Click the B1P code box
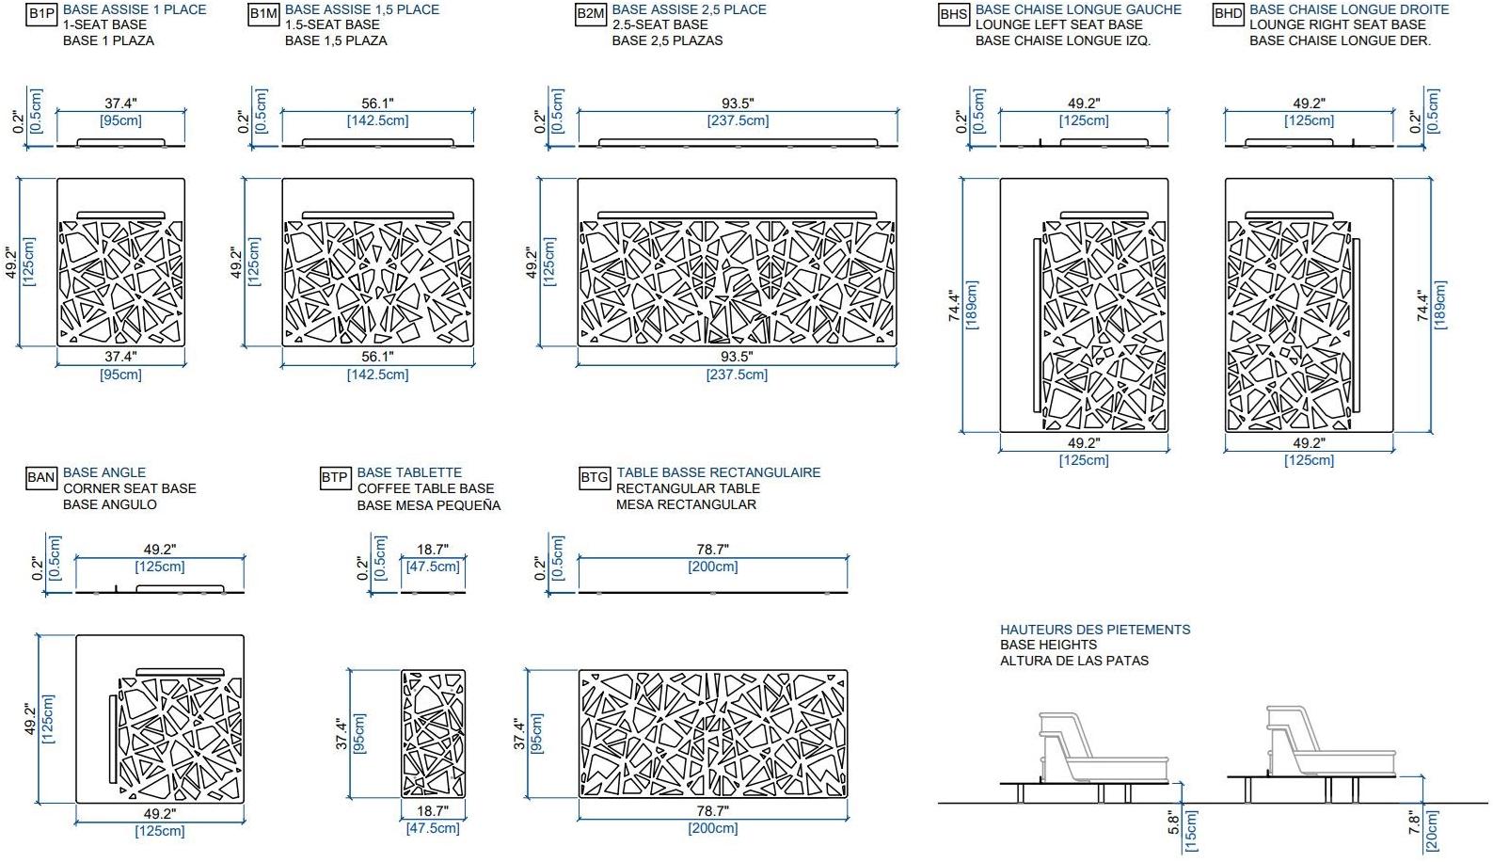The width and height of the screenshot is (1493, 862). click(x=41, y=14)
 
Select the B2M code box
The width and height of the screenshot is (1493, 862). click(x=591, y=14)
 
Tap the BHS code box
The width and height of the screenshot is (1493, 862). click(x=954, y=14)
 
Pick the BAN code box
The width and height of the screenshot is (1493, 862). click(x=40, y=478)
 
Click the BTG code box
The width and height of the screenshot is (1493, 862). click(x=594, y=478)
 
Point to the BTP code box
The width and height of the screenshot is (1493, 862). click(x=335, y=478)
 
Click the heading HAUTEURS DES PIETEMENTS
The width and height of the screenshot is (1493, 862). click(x=1094, y=630)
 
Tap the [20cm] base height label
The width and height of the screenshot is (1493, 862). click(x=1431, y=830)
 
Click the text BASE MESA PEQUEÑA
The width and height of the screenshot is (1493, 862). click(x=429, y=505)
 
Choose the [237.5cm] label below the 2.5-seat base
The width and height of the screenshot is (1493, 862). click(x=737, y=375)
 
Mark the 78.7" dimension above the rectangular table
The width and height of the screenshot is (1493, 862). click(x=712, y=550)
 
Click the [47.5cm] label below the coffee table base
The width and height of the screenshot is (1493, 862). click(x=433, y=828)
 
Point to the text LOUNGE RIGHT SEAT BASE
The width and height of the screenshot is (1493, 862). click(x=1337, y=24)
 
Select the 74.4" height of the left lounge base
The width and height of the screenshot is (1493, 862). click(x=955, y=305)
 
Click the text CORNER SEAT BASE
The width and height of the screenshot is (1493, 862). click(x=129, y=488)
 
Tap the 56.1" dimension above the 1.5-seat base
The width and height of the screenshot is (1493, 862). click(x=377, y=104)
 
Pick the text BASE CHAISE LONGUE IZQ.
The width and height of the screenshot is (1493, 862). click(x=1062, y=40)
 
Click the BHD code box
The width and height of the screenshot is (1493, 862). click(x=1228, y=14)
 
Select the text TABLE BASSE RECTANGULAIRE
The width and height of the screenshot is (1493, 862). click(x=718, y=472)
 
